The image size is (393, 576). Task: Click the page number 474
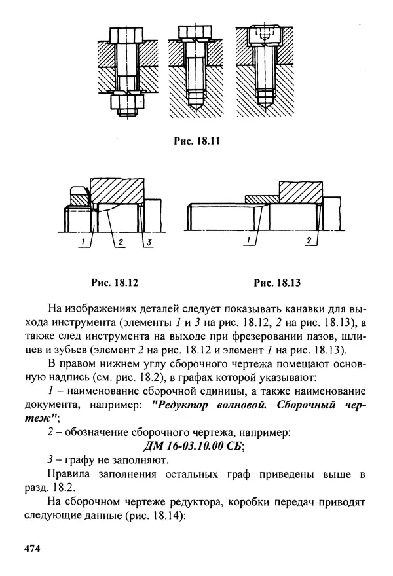coord(32,548)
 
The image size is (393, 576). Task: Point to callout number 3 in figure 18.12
coord(149,243)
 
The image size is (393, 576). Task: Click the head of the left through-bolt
coord(128,34)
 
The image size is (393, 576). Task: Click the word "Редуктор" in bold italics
coord(185,404)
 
